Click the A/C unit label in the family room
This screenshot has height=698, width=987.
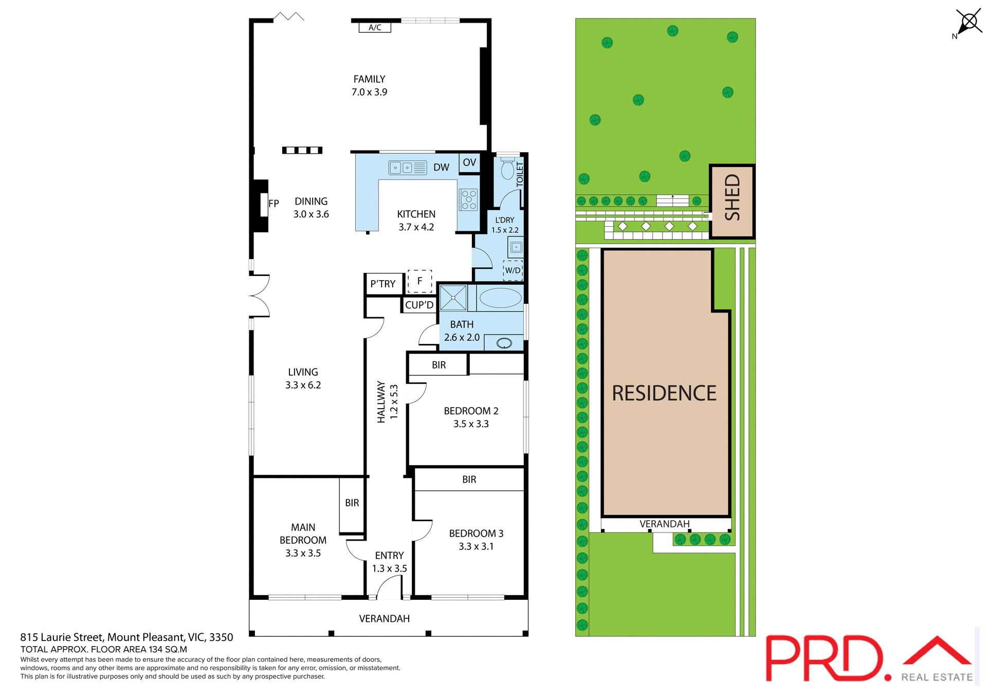(x=375, y=27)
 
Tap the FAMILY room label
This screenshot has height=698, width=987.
(x=369, y=79)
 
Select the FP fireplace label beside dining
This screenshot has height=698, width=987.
(x=273, y=204)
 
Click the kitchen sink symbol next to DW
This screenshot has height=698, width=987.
(x=407, y=168)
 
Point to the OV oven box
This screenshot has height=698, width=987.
(x=469, y=162)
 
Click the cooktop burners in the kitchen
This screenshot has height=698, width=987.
(x=468, y=199)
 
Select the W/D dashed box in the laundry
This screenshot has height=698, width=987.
(x=513, y=270)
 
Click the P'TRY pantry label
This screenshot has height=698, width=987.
(x=383, y=284)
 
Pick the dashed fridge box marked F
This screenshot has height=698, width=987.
(x=419, y=281)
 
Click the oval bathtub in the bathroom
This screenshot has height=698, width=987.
(x=500, y=298)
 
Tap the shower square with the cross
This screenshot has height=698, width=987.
(x=453, y=298)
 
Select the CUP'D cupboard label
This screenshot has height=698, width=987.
(x=419, y=305)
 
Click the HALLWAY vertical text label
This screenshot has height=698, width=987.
(x=381, y=402)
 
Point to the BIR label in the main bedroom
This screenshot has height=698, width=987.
(x=352, y=503)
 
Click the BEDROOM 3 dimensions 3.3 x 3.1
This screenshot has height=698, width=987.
(x=476, y=546)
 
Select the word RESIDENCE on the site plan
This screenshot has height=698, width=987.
(x=664, y=393)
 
